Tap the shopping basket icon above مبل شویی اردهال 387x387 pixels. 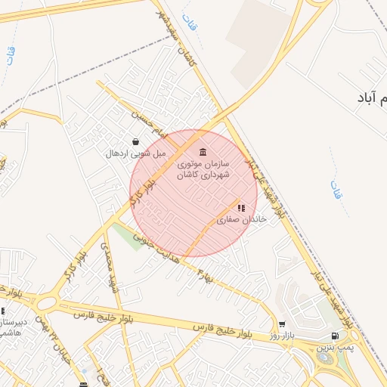click(135, 141)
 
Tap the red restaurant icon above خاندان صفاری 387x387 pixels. click(240, 207)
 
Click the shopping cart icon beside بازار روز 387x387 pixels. click(282, 324)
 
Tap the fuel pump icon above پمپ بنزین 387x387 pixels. click(335, 336)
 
